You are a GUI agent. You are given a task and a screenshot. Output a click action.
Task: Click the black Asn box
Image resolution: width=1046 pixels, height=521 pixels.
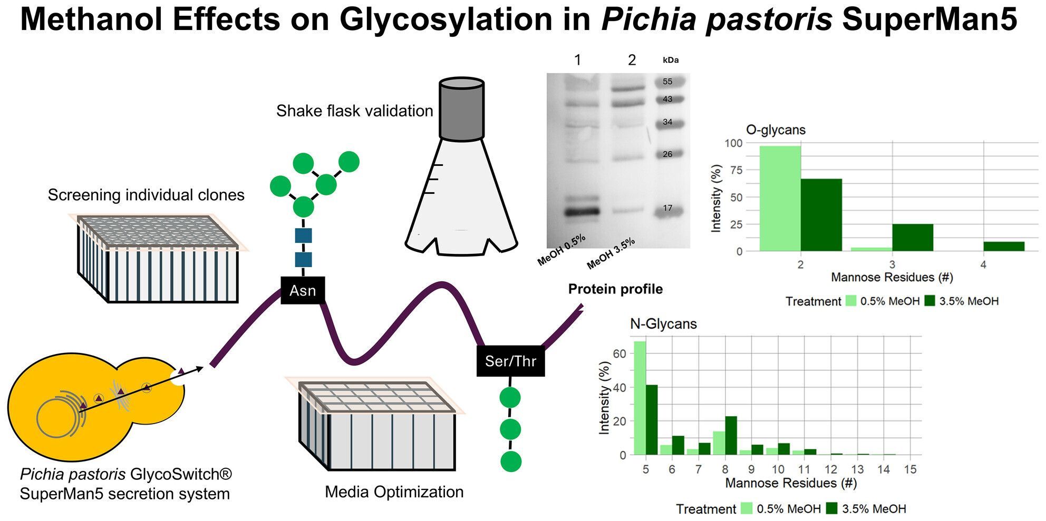[x=303, y=290]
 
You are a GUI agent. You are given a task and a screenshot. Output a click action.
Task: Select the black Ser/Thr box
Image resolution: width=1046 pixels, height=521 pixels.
[x=510, y=361]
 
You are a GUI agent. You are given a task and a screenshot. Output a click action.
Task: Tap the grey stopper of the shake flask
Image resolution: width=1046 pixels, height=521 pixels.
[x=462, y=109]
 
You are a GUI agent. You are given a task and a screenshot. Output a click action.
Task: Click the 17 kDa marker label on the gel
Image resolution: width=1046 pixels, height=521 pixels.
[x=667, y=208]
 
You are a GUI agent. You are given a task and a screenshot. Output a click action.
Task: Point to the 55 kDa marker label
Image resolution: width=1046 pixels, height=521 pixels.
[x=667, y=82]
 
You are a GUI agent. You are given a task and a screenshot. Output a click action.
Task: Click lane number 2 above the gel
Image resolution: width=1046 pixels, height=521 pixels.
[x=632, y=60]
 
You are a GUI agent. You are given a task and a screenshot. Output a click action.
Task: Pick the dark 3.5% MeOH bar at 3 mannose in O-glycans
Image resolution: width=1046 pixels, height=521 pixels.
[x=913, y=238]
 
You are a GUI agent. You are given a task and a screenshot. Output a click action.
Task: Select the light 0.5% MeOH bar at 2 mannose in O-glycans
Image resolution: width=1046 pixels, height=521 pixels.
[x=780, y=199]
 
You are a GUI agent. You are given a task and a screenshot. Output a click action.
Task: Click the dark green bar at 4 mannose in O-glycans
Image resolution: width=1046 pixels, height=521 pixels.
[x=1004, y=247]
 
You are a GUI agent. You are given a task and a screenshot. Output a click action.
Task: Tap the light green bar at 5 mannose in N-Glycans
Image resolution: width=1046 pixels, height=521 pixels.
[x=640, y=398]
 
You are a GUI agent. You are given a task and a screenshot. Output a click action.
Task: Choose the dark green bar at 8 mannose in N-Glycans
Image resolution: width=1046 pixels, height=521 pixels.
[x=731, y=436]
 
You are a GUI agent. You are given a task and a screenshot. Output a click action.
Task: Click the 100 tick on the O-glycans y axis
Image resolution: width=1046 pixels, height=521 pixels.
[x=733, y=143]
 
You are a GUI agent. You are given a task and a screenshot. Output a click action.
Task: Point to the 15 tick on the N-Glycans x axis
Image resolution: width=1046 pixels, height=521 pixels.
[x=910, y=469]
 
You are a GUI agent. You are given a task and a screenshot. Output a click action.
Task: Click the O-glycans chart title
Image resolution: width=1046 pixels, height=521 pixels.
[x=776, y=130]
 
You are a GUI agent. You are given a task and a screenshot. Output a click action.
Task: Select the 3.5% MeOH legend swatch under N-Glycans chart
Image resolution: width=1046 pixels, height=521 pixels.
[x=831, y=508]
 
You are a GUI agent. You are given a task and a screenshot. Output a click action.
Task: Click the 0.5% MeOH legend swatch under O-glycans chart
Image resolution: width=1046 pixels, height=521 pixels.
[x=851, y=301]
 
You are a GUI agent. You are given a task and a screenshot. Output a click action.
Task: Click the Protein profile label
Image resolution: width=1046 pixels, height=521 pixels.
[x=615, y=289]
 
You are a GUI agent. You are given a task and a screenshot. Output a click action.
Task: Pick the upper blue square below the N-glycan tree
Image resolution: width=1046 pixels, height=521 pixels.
[x=303, y=235]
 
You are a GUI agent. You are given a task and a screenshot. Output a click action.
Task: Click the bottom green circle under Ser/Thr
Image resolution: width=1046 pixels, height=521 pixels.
[x=510, y=461]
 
